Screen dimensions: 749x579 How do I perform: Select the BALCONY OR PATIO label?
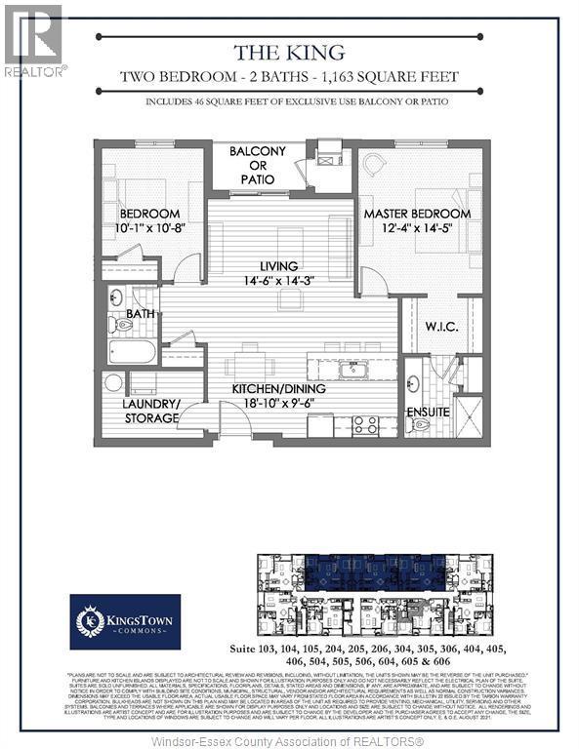(x=258, y=165)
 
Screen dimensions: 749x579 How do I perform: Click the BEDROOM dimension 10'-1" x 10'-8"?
(x=150, y=230)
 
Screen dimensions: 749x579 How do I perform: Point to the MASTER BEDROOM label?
(x=417, y=214)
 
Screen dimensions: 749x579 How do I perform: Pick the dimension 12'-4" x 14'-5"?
(x=417, y=230)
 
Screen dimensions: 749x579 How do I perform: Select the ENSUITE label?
(x=429, y=412)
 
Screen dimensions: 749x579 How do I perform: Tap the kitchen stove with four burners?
(x=364, y=423)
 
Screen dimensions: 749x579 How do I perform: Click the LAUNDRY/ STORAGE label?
(x=150, y=411)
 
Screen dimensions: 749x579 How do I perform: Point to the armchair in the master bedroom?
(x=376, y=166)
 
